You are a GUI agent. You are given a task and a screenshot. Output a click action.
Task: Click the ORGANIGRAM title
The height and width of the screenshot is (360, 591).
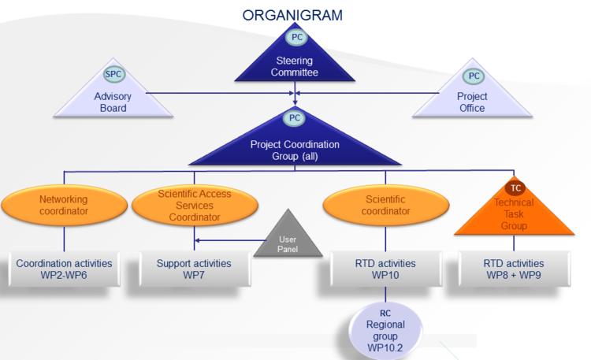292,16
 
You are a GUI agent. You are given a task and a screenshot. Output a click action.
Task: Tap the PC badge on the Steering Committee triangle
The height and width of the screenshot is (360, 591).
296,37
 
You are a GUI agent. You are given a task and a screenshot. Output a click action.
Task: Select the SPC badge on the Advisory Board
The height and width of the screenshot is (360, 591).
113,74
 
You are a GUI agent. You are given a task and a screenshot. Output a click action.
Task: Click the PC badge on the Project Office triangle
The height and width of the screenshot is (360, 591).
474,76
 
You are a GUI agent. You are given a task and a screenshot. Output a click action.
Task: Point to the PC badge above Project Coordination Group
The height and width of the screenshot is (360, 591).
295,118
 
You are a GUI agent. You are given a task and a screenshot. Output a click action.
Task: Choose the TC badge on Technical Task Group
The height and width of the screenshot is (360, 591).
515,187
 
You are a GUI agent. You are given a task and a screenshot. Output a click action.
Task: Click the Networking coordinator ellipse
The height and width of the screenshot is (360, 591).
64,205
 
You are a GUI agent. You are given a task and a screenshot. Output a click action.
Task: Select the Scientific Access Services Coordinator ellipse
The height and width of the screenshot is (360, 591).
195,205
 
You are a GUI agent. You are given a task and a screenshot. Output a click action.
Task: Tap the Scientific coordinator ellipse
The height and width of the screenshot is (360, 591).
385,205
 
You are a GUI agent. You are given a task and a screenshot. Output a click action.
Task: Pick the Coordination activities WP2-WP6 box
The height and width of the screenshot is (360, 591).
64,269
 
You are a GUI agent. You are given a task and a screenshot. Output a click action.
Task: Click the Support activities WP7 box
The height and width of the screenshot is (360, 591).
195,269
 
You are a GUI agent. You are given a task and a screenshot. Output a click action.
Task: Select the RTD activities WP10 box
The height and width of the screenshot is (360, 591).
385,269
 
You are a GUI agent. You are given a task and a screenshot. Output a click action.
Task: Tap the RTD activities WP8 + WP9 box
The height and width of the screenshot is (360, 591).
514,269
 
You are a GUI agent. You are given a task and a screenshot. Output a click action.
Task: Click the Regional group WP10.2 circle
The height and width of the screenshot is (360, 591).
385,331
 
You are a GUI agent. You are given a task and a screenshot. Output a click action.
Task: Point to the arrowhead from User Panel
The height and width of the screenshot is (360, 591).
197,240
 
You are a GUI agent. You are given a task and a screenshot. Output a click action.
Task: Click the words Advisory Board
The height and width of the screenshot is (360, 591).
113,102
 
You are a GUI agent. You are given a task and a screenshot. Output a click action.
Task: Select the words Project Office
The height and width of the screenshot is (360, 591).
472,102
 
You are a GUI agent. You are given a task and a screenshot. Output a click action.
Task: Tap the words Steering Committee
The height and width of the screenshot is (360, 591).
295,66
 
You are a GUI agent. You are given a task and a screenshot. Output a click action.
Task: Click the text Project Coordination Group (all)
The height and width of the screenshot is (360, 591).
295,150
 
